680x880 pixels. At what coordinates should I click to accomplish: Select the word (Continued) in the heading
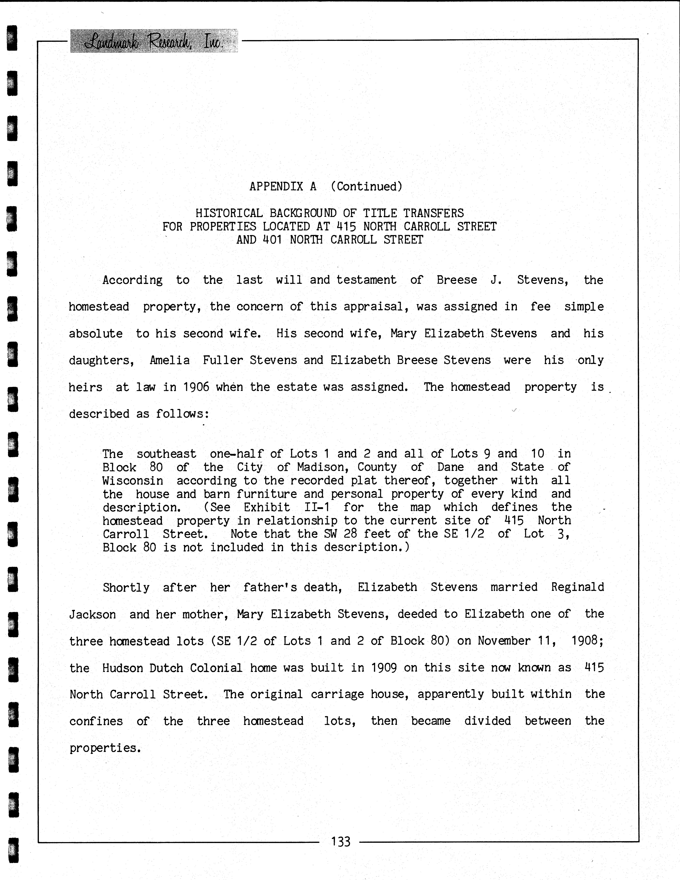366,187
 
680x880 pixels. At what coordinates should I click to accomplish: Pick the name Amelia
169,360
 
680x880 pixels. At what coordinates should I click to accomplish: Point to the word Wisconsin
133,481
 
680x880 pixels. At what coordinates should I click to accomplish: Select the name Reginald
577,587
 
